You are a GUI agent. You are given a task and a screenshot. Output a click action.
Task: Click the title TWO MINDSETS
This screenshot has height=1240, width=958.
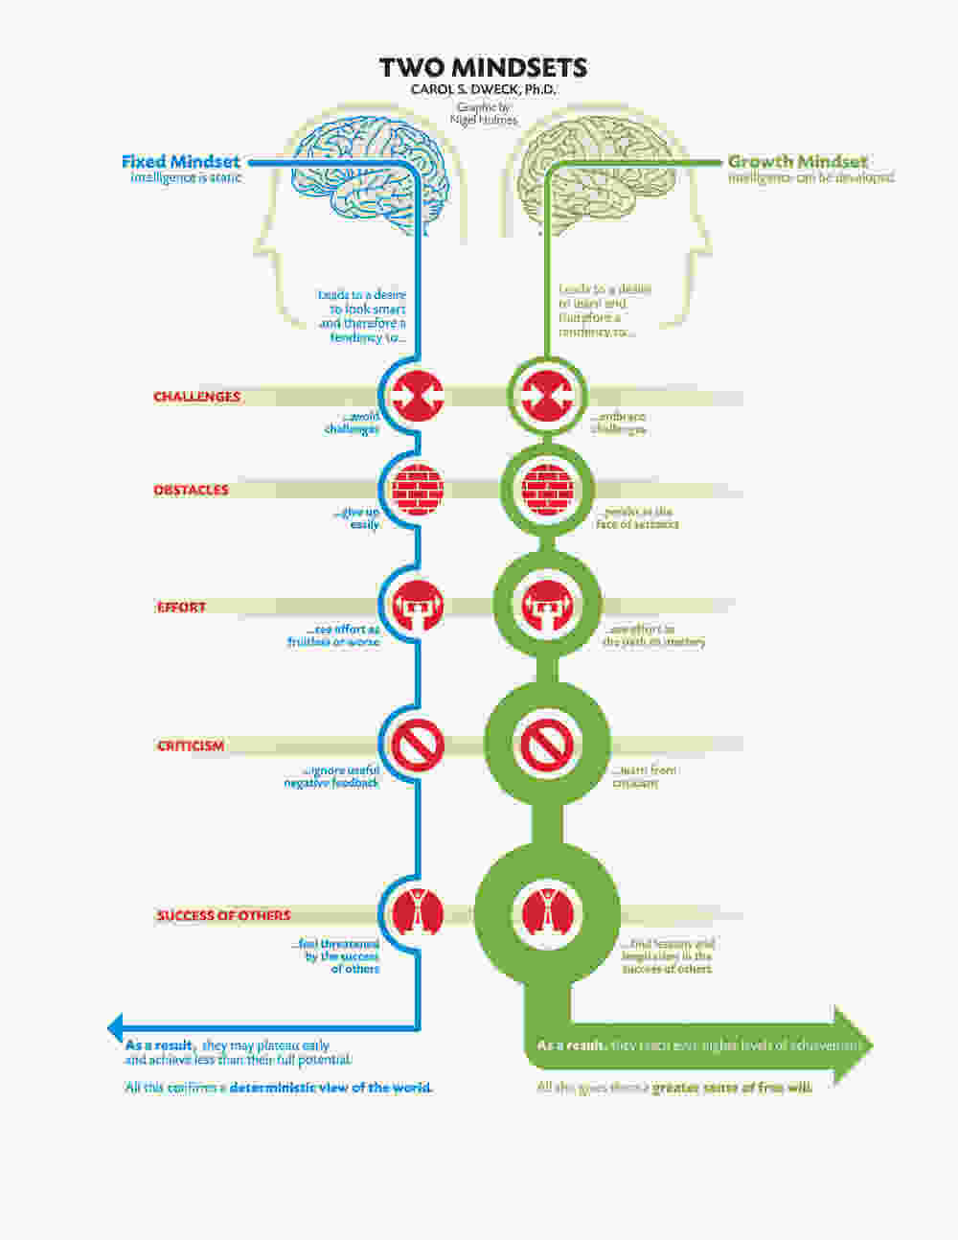click(x=483, y=67)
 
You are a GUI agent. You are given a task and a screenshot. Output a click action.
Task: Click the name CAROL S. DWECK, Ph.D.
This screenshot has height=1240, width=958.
click(x=483, y=89)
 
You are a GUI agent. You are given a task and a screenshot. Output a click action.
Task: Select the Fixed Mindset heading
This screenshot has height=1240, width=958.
click(x=181, y=161)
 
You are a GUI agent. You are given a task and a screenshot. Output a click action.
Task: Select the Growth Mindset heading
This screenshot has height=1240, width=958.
click(x=798, y=161)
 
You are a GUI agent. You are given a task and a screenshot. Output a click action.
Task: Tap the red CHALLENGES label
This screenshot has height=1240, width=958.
click(x=197, y=397)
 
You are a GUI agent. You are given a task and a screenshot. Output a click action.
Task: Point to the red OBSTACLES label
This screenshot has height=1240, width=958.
click(x=192, y=490)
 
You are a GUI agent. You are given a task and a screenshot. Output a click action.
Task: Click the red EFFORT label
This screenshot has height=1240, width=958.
click(x=182, y=607)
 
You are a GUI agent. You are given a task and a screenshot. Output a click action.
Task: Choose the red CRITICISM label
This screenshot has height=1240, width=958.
click(x=191, y=746)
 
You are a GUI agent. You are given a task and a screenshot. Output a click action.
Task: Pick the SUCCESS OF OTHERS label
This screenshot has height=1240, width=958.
click(x=223, y=915)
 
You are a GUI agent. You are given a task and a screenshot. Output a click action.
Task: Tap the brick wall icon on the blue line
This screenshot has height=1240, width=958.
click(x=419, y=490)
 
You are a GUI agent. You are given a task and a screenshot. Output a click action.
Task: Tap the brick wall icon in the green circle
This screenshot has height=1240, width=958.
click(x=547, y=490)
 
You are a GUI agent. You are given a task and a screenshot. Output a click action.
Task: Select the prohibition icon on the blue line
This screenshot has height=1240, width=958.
click(x=419, y=745)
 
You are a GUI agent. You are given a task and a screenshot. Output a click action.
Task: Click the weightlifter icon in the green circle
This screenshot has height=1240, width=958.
click(x=547, y=606)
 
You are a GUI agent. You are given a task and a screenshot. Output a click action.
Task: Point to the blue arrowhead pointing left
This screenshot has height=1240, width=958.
click(x=116, y=1026)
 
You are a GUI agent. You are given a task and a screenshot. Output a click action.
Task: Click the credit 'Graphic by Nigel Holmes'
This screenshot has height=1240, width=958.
click(x=485, y=114)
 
